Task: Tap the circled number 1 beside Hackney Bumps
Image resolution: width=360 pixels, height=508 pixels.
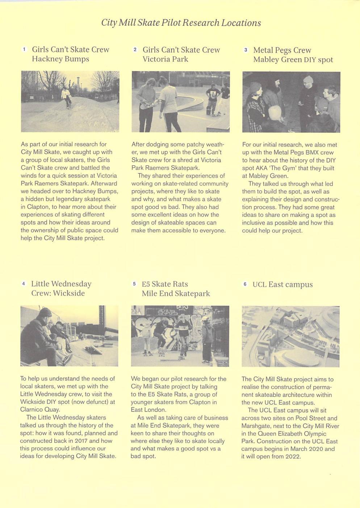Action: click(24, 49)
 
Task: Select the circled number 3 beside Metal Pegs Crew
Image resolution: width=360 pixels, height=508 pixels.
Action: click(246, 50)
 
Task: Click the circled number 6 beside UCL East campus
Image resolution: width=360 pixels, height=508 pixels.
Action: click(245, 284)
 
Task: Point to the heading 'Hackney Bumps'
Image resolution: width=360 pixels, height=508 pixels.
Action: click(60, 59)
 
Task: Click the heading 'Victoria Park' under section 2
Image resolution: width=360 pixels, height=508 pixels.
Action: click(165, 59)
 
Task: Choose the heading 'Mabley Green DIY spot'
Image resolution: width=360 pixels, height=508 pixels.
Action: click(293, 59)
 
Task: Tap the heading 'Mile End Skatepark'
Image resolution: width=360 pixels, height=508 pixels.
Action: click(176, 293)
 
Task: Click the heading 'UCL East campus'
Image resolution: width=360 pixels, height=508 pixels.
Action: click(282, 284)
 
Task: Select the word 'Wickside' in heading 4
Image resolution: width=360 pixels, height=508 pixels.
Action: click(69, 293)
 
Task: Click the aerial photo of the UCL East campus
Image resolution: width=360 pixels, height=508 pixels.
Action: click(290, 336)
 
